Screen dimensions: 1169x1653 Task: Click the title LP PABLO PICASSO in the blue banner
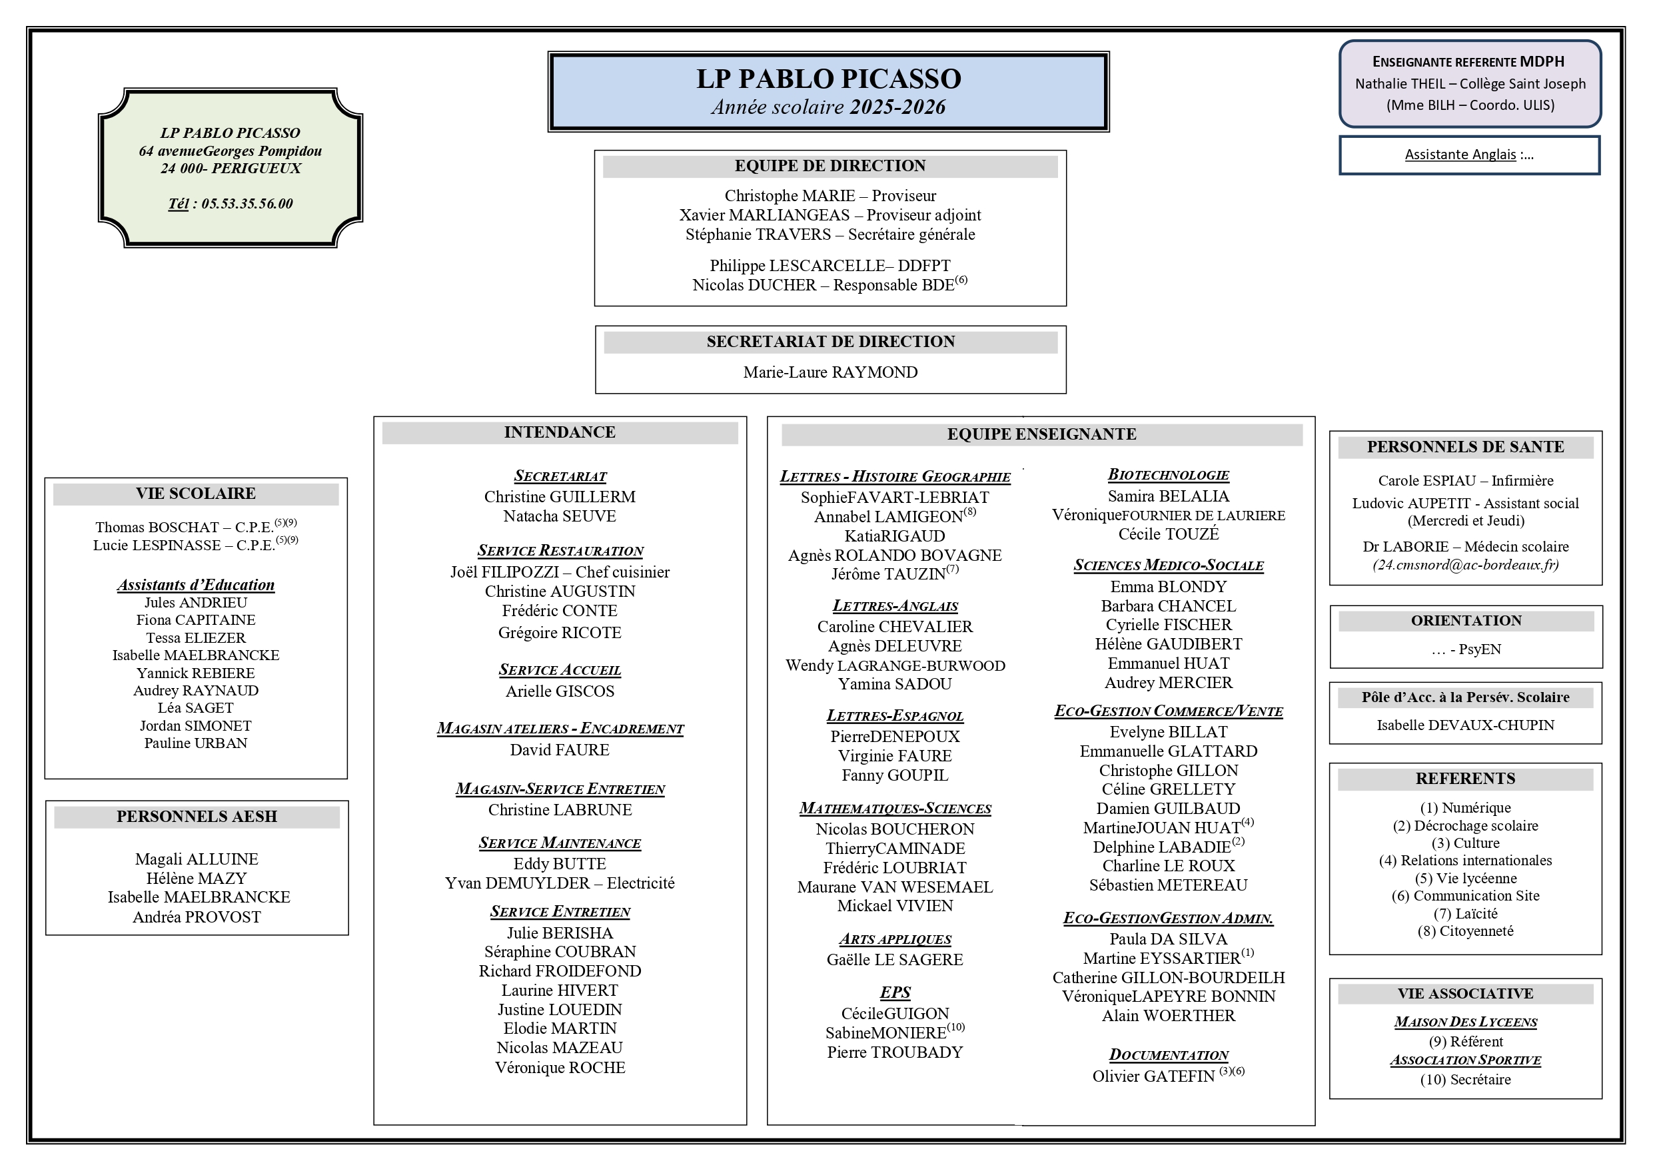click(x=828, y=79)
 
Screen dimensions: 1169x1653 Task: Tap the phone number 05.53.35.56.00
click(x=247, y=204)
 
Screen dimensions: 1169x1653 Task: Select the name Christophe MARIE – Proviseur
click(x=829, y=196)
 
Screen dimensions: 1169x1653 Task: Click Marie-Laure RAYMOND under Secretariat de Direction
click(x=830, y=372)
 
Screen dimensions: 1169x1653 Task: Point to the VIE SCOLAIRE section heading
click(x=196, y=494)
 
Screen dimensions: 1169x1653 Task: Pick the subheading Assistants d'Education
click(x=196, y=585)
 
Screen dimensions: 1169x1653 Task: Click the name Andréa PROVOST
click(x=197, y=917)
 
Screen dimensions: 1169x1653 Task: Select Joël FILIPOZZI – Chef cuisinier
click(x=560, y=572)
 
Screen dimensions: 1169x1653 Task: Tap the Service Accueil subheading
click(x=560, y=670)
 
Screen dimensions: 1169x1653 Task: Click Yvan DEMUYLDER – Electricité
click(x=560, y=883)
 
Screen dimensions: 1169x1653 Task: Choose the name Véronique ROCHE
click(x=560, y=1068)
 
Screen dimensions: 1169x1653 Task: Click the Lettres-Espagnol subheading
click(x=895, y=715)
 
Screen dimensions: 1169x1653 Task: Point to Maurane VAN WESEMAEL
click(x=895, y=887)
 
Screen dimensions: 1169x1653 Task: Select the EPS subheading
click(x=895, y=992)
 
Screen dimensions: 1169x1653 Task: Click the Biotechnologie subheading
click(x=1168, y=475)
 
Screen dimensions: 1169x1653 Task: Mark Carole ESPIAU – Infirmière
click(x=1465, y=481)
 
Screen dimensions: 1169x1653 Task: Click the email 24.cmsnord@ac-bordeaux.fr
click(x=1465, y=565)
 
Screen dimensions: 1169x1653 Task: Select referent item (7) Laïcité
click(x=1465, y=914)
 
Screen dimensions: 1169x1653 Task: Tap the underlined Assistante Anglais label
click(x=1459, y=155)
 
